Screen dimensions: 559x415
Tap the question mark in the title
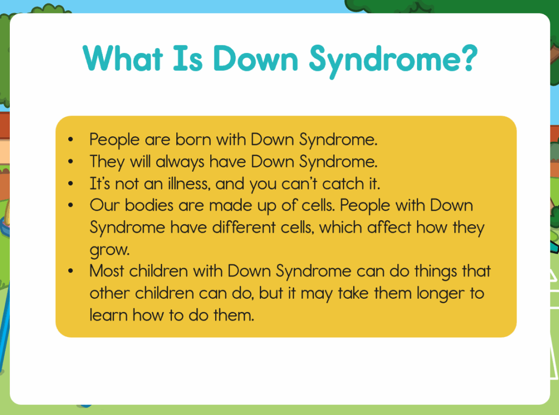(x=468, y=57)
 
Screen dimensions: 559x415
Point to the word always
(x=180, y=162)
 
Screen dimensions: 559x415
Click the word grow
(x=109, y=250)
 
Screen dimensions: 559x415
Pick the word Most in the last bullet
(x=106, y=271)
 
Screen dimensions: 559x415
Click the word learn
(x=109, y=315)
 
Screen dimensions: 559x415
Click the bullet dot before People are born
(x=70, y=140)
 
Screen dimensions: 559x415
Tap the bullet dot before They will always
(x=70, y=162)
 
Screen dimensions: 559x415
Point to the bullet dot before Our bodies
(x=70, y=206)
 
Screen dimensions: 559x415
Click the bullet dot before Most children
(x=70, y=272)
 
